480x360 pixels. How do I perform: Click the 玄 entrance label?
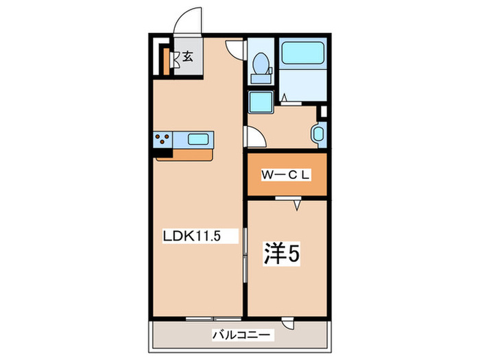187,57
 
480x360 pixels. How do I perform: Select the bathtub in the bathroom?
302,53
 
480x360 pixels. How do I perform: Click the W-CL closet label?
286,175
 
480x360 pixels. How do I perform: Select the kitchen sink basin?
200,140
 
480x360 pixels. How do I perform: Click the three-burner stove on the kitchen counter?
163,140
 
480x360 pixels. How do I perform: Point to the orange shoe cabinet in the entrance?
166,60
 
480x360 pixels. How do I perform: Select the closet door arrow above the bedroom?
296,204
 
